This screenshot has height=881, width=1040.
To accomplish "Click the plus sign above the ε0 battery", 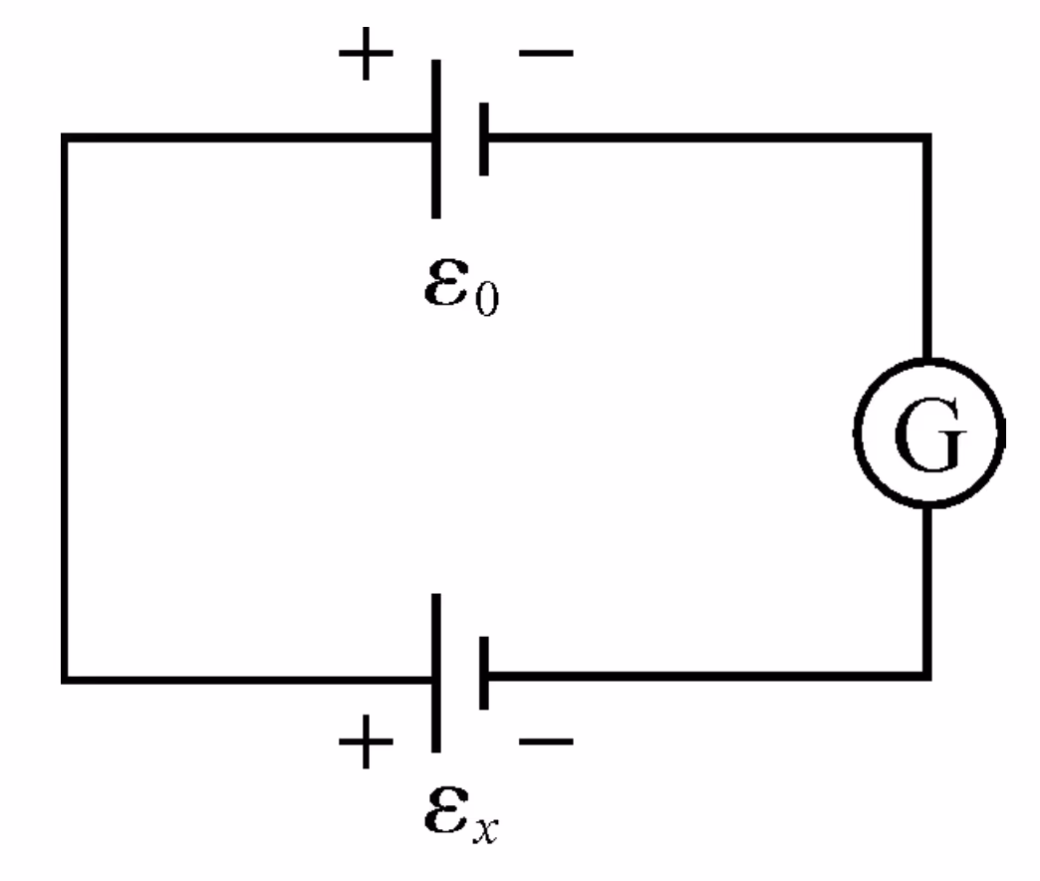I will [368, 59].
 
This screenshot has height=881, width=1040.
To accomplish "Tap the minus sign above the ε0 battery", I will [546, 55].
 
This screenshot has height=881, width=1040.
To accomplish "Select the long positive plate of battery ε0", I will [435, 139].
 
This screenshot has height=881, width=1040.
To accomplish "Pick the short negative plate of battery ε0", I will [483, 139].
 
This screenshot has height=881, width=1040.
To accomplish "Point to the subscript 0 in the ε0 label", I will [485, 299].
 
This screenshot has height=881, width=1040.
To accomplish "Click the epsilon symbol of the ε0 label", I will [445, 286].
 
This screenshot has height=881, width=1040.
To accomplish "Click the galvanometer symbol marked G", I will [928, 436].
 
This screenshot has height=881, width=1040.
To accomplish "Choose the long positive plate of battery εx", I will [435, 673].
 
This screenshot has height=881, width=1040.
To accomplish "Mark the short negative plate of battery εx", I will [483, 674].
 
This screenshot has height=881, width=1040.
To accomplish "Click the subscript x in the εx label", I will [486, 828].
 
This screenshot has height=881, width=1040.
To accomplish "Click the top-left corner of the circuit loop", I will [65, 139].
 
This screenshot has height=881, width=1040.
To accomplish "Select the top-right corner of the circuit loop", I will [928, 139].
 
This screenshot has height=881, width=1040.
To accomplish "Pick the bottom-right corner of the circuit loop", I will [928, 675].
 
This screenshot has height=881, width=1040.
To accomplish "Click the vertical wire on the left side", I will [65, 409].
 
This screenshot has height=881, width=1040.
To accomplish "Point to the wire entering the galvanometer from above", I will [928, 249].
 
